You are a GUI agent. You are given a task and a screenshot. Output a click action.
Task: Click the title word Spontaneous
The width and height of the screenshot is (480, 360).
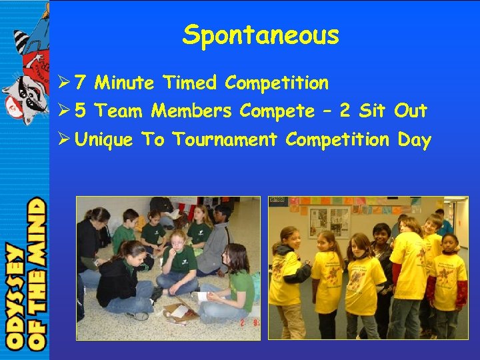click(261, 35)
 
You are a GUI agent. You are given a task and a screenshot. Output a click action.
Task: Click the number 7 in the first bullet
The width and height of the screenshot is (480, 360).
click(80, 83)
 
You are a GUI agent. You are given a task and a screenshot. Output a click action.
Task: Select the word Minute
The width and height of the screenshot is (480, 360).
click(125, 83)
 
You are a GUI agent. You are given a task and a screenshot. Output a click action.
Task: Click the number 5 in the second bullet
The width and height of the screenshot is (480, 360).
click(80, 111)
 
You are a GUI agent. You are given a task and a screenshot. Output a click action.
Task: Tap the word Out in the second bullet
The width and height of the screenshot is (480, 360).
click(411, 111)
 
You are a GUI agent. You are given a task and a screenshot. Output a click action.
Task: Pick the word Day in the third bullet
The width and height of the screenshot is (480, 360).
click(414, 141)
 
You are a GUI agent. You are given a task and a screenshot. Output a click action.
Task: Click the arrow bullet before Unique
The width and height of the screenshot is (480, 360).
click(65, 140)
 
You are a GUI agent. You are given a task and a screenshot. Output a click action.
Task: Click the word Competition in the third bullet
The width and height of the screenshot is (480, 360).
click(337, 141)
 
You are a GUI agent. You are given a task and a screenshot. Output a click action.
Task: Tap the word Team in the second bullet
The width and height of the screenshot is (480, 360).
click(123, 111)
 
